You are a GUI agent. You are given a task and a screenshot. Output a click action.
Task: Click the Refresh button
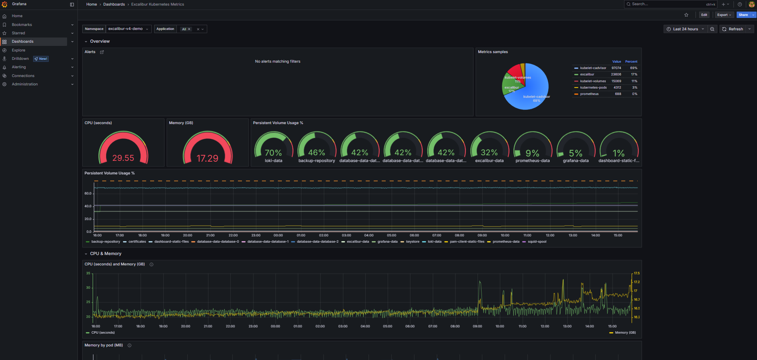tap(733, 29)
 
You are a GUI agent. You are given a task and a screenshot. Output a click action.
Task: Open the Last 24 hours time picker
tap(685, 29)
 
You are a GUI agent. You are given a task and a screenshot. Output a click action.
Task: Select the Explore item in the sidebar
tap(18, 50)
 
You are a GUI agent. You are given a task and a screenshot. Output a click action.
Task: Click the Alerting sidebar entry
tap(19, 67)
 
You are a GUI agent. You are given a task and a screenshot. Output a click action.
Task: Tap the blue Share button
tap(743, 15)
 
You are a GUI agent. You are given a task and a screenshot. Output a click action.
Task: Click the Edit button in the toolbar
tap(704, 15)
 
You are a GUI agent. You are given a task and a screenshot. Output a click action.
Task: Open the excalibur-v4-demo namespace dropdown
tap(128, 29)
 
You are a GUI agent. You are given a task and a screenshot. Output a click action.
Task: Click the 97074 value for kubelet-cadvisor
tap(616, 68)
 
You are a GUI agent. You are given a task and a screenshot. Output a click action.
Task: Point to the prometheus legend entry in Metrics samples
tap(589, 94)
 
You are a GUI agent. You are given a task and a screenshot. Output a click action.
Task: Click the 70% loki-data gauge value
tap(273, 153)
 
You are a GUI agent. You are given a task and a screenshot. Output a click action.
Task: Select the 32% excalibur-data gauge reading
tap(489, 153)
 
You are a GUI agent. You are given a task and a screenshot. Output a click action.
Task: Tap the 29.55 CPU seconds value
tap(123, 158)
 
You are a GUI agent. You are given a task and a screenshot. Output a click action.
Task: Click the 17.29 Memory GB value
tap(207, 158)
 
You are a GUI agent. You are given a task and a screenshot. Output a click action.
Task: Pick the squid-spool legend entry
tap(537, 242)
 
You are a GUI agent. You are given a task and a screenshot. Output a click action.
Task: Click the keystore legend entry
tap(412, 242)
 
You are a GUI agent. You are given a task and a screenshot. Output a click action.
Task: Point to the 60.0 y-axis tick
tap(88, 194)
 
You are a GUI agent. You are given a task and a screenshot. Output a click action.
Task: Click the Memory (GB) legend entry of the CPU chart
tap(625, 333)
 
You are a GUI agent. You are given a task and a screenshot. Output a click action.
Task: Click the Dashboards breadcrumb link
tap(114, 4)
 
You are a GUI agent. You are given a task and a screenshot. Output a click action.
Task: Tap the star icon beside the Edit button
tap(686, 15)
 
